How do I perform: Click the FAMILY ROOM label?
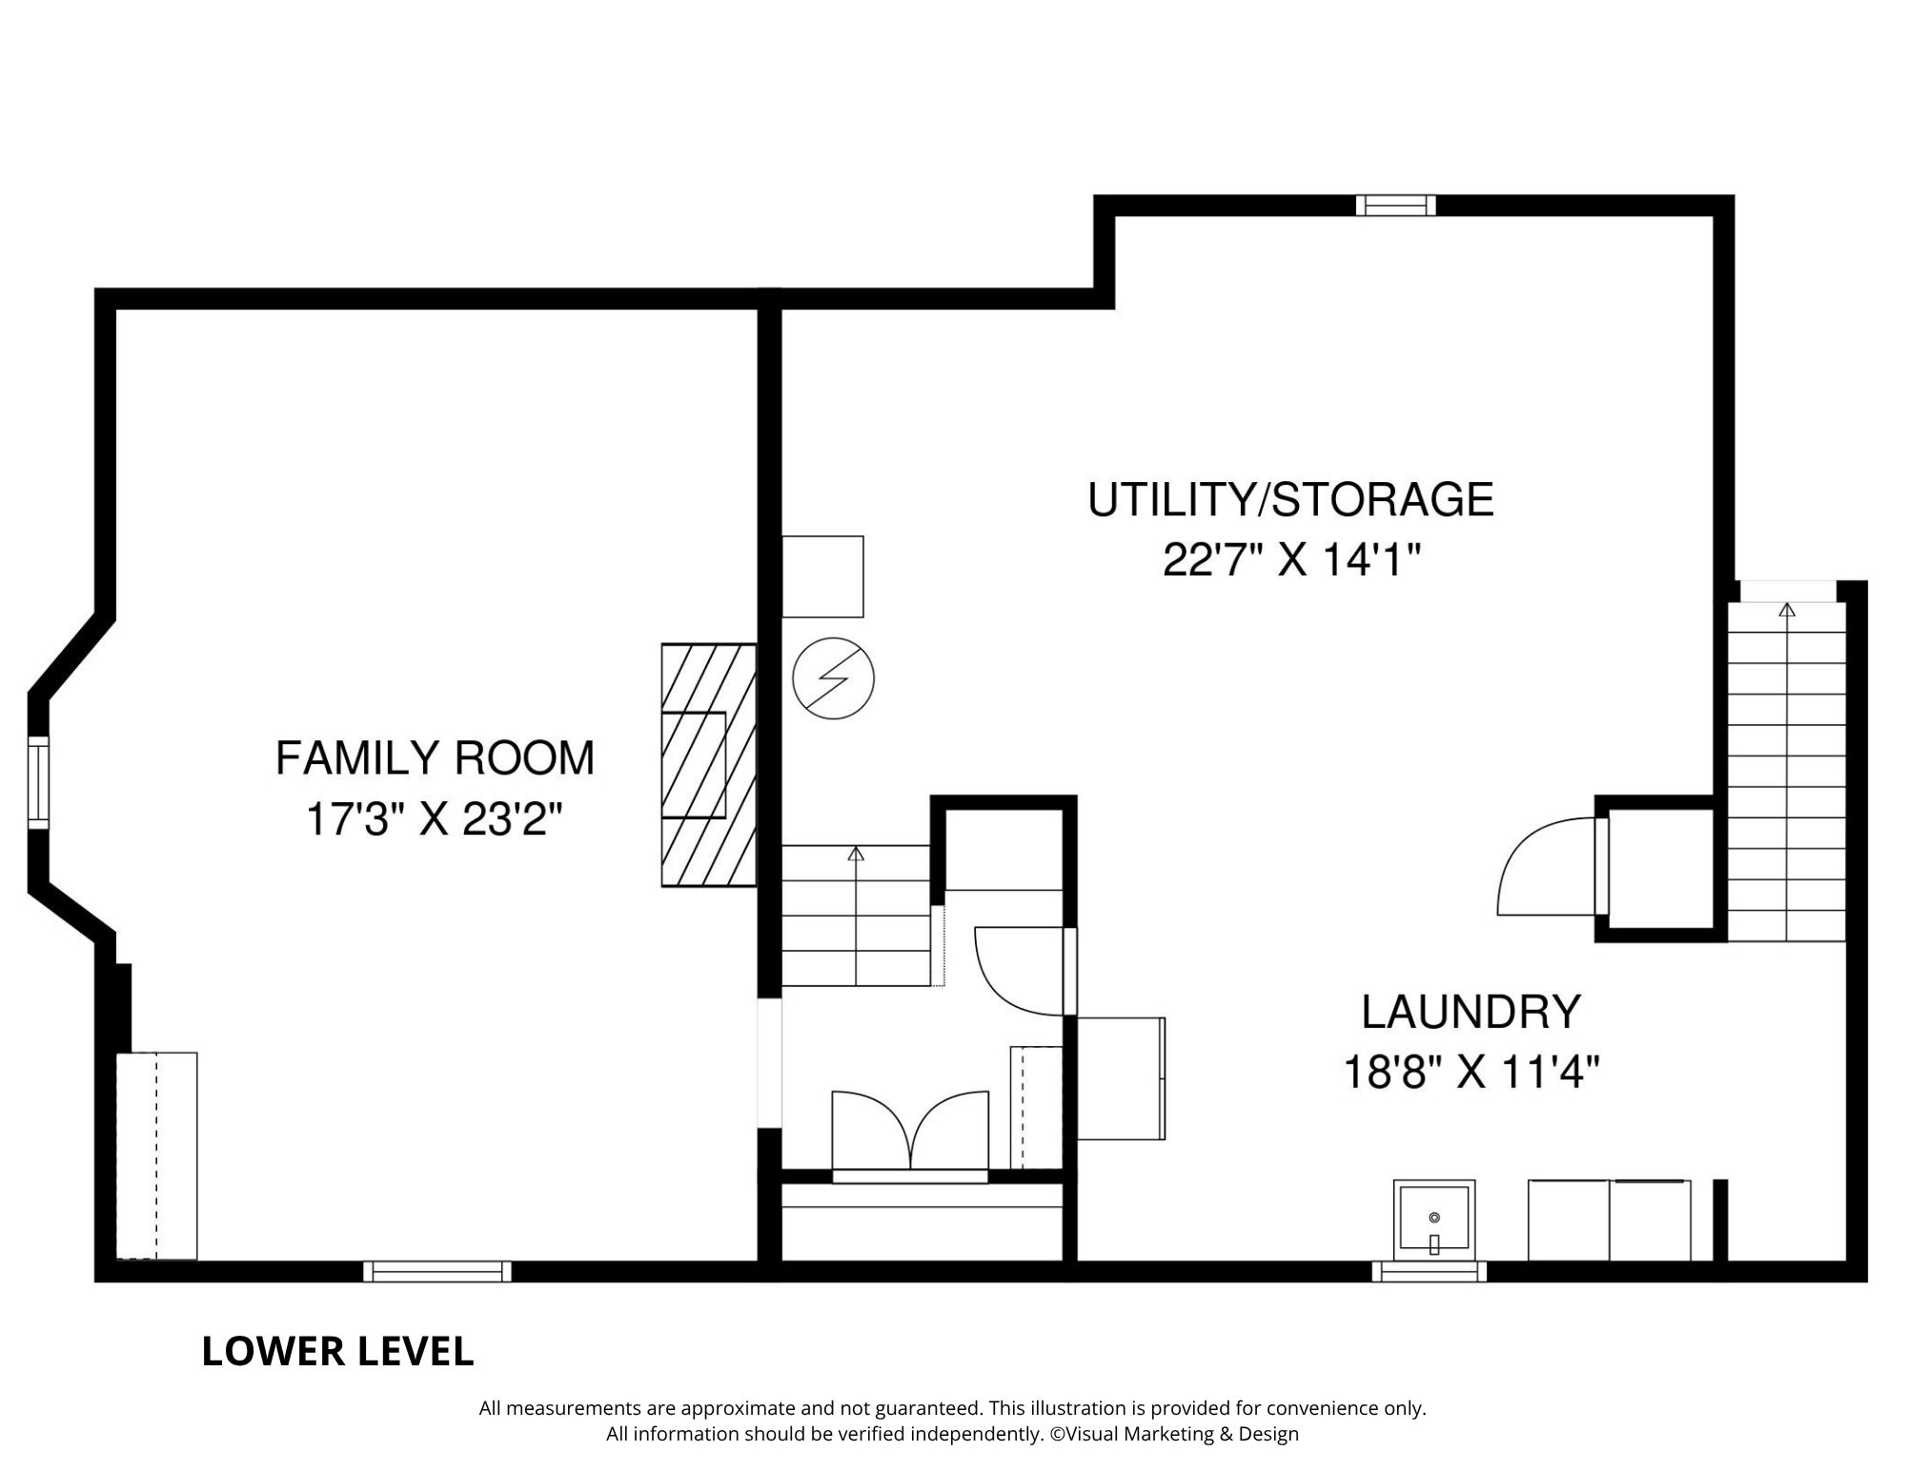pyautogui.click(x=435, y=758)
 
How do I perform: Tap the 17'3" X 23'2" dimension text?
pyautogui.click(x=435, y=819)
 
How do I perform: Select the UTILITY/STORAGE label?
pyautogui.click(x=1290, y=500)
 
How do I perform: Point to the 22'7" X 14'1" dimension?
pyautogui.click(x=1291, y=560)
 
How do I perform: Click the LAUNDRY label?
pyautogui.click(x=1470, y=1012)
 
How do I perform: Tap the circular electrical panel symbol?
pyautogui.click(x=834, y=678)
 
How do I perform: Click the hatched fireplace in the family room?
pyautogui.click(x=709, y=765)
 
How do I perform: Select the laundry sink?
pyautogui.click(x=1434, y=1220)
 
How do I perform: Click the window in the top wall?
pyautogui.click(x=1395, y=206)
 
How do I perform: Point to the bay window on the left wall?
pyautogui.click(x=38, y=782)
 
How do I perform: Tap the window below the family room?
pyautogui.click(x=437, y=1272)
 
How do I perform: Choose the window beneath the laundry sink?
pyautogui.click(x=1429, y=1272)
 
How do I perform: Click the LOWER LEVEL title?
pyautogui.click(x=337, y=1352)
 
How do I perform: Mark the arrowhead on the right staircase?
pyautogui.click(x=1787, y=609)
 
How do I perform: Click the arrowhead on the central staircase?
pyautogui.click(x=856, y=854)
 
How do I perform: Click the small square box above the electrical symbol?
pyautogui.click(x=822, y=576)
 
